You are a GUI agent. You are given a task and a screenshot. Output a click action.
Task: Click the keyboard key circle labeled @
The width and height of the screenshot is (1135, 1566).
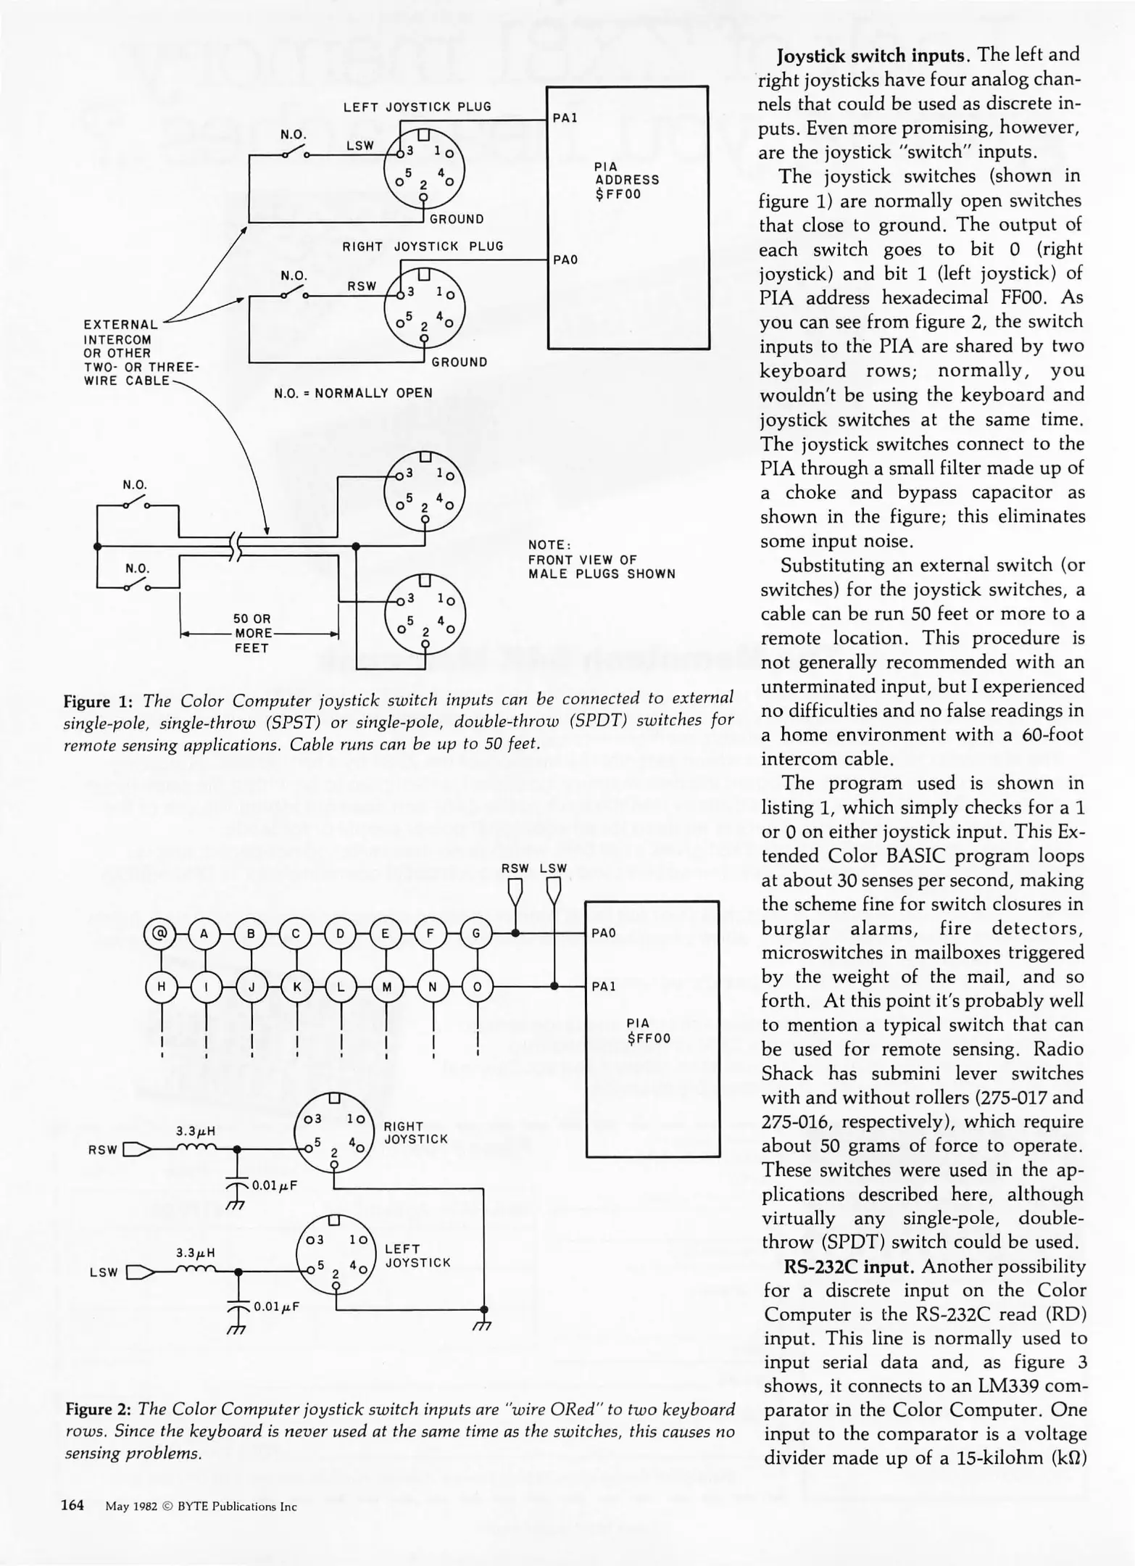[160, 934]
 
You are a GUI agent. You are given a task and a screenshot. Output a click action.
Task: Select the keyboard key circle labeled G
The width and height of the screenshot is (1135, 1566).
[476, 934]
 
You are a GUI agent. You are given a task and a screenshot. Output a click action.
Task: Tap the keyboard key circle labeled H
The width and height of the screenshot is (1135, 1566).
[160, 987]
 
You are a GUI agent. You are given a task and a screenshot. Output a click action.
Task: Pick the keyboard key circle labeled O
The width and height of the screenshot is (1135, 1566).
[477, 987]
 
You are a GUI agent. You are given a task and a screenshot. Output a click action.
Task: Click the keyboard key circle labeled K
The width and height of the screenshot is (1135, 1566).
[296, 987]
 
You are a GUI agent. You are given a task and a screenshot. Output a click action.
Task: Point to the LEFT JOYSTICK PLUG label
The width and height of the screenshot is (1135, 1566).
[417, 107]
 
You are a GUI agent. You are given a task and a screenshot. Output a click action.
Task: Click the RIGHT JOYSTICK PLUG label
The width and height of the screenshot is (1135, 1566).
[423, 246]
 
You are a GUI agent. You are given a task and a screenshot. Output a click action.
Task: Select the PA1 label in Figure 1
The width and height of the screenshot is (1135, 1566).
[565, 117]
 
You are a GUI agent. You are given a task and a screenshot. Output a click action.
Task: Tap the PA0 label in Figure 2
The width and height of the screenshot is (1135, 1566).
[603, 934]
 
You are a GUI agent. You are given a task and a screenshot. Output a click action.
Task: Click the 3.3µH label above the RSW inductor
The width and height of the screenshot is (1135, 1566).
[196, 1130]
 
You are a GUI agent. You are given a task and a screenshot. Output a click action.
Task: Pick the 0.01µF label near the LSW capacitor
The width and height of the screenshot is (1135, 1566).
[276, 1306]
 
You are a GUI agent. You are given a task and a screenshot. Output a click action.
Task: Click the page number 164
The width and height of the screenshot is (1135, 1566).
[72, 1505]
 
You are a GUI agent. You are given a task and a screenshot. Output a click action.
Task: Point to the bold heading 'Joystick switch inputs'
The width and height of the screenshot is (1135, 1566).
[873, 55]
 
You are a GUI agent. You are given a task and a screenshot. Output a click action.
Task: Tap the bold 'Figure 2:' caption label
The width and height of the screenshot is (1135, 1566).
[99, 1409]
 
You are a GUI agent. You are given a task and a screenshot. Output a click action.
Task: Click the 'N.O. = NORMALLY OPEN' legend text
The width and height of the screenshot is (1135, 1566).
[353, 393]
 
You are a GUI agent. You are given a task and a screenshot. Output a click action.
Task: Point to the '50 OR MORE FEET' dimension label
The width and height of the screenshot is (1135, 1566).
[251, 634]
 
